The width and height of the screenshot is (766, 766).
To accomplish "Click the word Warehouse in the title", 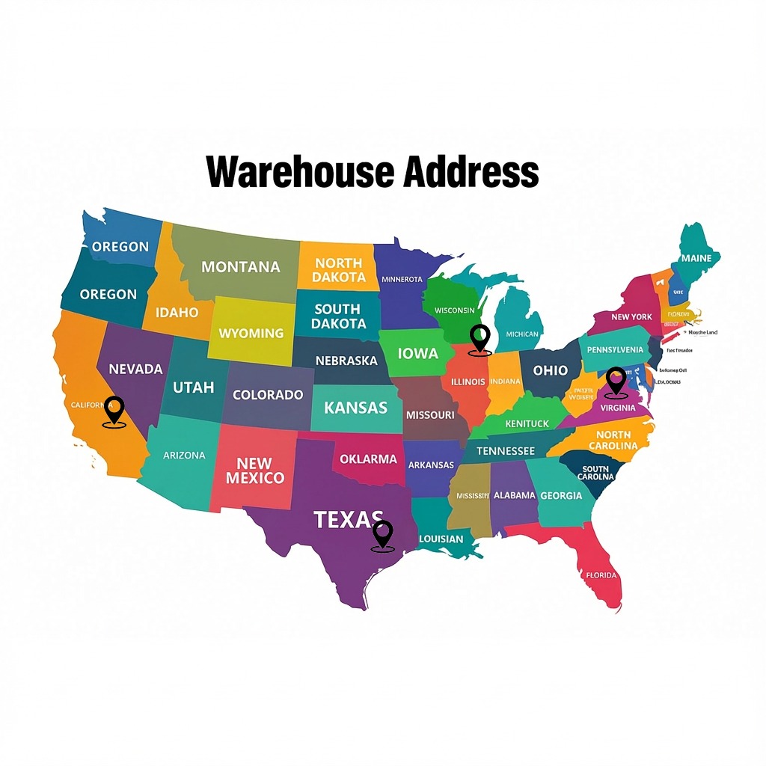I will point(301,171).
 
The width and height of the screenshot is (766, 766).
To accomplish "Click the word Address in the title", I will point(471,171).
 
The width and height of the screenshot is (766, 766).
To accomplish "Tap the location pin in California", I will point(114,411).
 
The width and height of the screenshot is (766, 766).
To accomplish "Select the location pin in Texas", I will point(382,536).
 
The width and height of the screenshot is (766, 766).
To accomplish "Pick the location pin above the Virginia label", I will point(616,382).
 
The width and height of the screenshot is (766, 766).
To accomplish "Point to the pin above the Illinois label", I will point(479,340).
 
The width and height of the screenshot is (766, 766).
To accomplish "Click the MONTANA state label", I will point(241,267).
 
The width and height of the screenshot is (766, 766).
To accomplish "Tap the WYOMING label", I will point(251,333).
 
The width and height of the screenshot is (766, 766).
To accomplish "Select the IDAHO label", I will point(177,313).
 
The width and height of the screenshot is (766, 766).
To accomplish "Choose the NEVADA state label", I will point(135,369).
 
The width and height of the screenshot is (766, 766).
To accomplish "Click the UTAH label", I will point(194,387).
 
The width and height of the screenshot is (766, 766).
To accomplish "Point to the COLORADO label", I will point(268,394).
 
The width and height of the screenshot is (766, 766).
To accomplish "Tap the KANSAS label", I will point(356,408).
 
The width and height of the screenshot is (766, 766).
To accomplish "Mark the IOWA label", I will point(418,353).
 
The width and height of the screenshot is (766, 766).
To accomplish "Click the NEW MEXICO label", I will point(255,471).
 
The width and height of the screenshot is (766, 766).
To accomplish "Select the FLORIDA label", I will point(601,575).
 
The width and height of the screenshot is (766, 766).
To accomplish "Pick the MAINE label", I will point(696,258).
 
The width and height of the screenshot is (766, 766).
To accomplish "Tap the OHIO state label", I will point(550,370).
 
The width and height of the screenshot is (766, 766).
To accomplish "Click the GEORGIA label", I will point(561,495).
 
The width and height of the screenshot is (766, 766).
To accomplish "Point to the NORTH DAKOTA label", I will point(339,270).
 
